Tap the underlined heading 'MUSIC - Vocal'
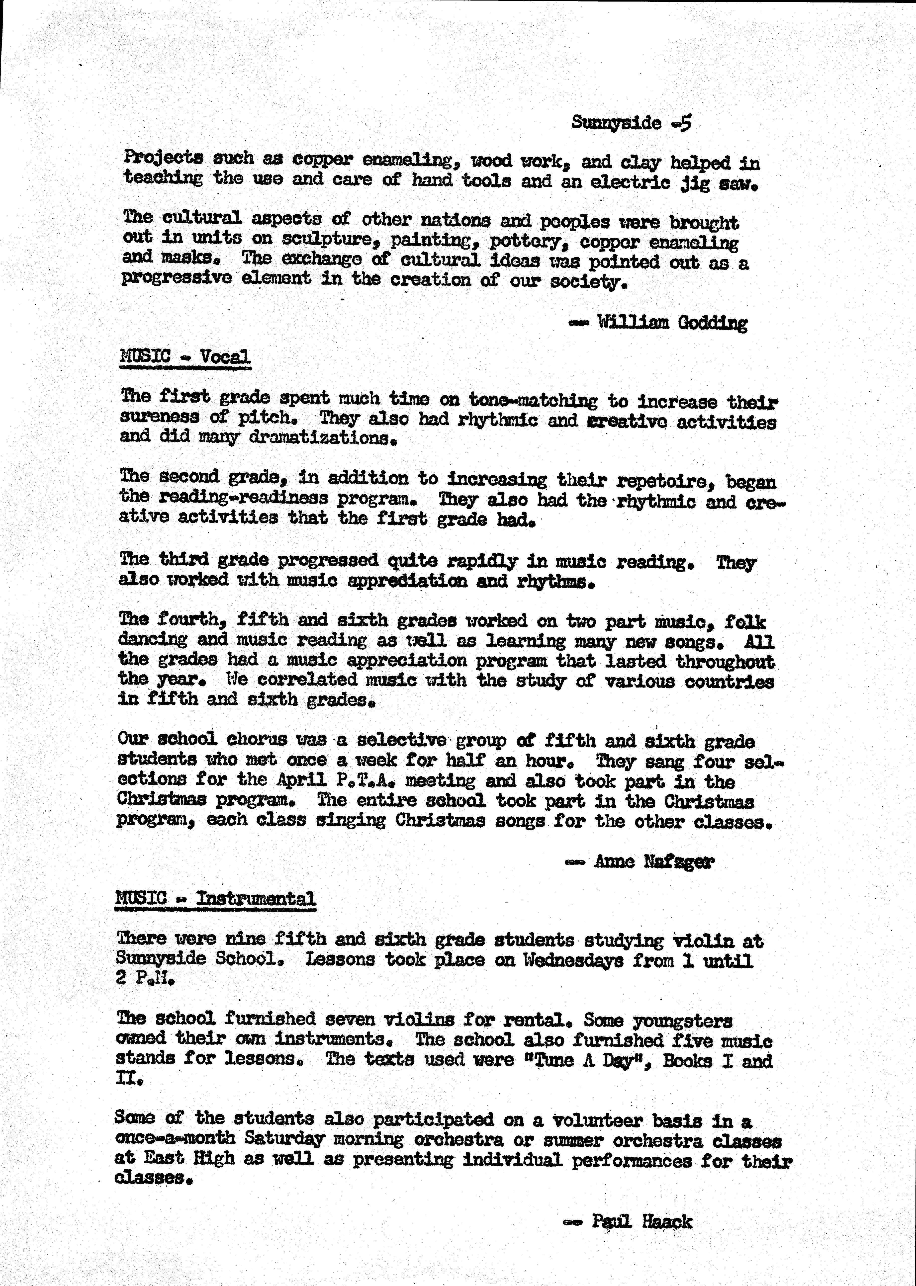pos(185,357)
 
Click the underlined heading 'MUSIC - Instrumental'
pos(215,898)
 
